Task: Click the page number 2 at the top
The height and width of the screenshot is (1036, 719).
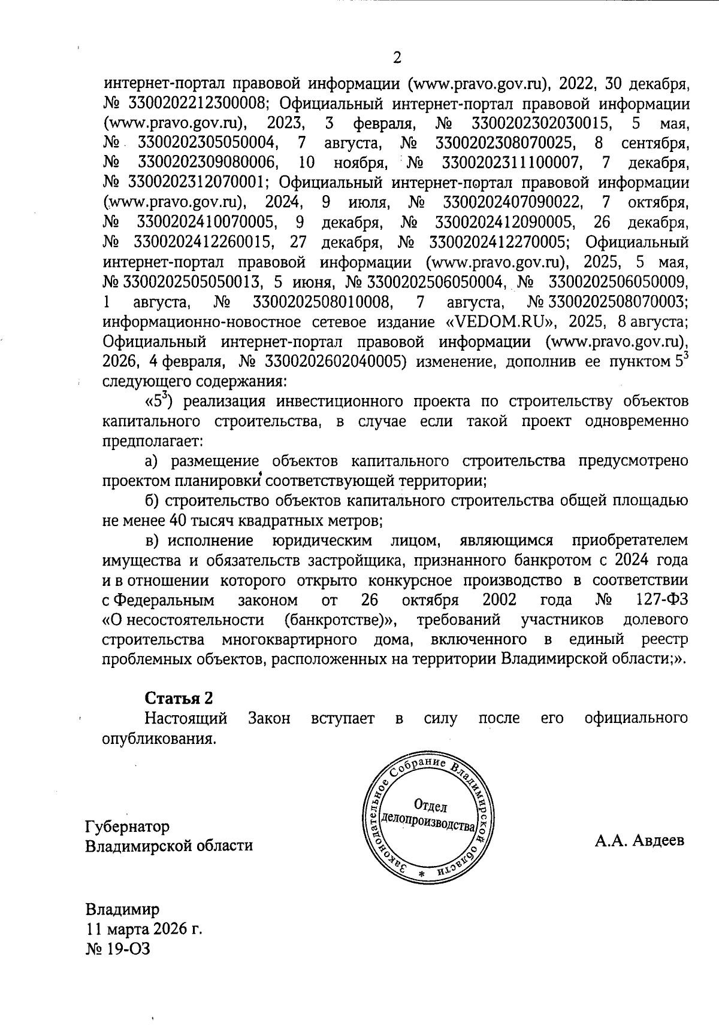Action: pyautogui.click(x=396, y=57)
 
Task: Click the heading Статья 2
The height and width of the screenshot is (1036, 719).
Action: pyautogui.click(x=179, y=698)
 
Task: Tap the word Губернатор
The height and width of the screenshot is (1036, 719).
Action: pyautogui.click(x=127, y=826)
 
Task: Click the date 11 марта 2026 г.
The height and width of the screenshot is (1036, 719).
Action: pyautogui.click(x=144, y=929)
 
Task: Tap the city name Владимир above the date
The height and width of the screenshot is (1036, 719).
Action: pyautogui.click(x=123, y=910)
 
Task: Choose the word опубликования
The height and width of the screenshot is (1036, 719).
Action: pyautogui.click(x=159, y=738)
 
